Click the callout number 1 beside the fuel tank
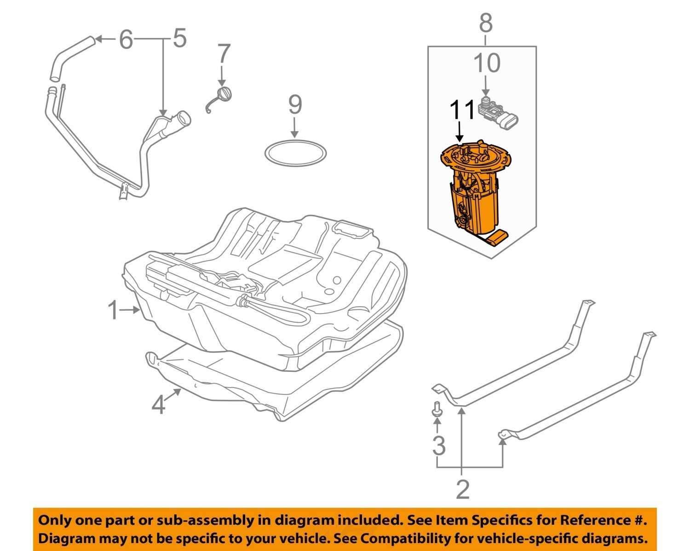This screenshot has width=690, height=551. (x=113, y=311)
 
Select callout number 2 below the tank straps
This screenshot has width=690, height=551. (x=462, y=490)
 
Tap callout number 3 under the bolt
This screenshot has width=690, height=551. (x=439, y=445)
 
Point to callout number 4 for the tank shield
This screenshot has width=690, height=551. (x=158, y=405)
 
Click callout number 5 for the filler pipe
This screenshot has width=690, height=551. (x=179, y=39)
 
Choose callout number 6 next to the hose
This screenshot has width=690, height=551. (x=126, y=40)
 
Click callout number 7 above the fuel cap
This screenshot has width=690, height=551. (x=223, y=54)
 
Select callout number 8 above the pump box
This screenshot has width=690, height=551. (x=486, y=23)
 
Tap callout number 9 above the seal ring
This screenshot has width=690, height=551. (x=295, y=105)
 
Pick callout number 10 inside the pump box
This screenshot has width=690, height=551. (x=487, y=63)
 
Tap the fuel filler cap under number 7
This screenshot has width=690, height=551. (x=224, y=94)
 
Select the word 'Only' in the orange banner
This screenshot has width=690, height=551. (x=54, y=520)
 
